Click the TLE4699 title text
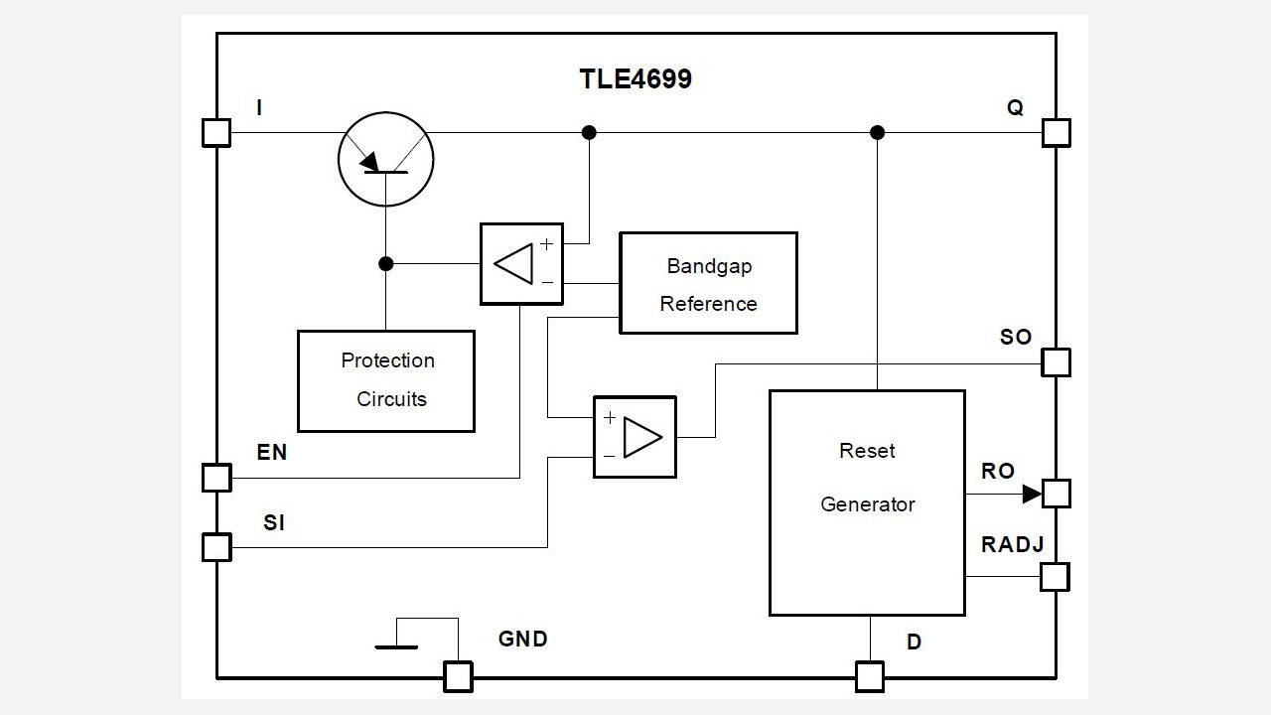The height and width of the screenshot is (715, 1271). tap(635, 79)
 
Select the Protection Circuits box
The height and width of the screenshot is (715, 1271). tap(386, 380)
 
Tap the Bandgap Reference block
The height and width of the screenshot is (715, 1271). tap(708, 283)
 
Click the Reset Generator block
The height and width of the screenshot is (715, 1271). tap(867, 502)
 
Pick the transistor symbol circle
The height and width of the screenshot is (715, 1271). tap(385, 159)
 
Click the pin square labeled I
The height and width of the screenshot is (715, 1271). tap(216, 132)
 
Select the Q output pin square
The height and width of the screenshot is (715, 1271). tap(1057, 132)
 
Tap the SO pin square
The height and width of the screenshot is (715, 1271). tap(1057, 362)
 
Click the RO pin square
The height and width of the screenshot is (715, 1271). tap(1057, 493)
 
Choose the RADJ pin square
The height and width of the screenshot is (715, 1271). tap(1056, 577)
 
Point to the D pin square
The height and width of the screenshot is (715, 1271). tap(870, 677)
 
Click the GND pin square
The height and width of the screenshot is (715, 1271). tap(458, 677)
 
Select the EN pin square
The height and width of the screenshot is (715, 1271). tap(216, 478)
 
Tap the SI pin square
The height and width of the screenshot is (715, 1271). tap(216, 547)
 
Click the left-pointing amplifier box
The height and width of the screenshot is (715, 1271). tap(521, 264)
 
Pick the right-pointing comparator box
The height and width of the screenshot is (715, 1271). tap(635, 437)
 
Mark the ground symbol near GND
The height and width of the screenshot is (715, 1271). tap(396, 645)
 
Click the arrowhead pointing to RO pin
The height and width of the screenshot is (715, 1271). tap(1032, 494)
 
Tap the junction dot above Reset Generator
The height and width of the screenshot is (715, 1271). tap(877, 132)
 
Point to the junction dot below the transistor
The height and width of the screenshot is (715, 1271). tap(386, 264)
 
